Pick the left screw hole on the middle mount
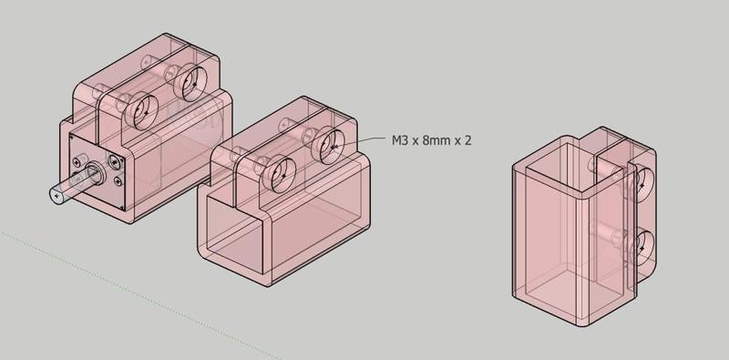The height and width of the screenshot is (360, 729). tap(280, 170)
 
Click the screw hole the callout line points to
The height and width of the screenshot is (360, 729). tap(329, 144)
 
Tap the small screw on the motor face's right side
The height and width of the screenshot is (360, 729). tap(115, 162)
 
